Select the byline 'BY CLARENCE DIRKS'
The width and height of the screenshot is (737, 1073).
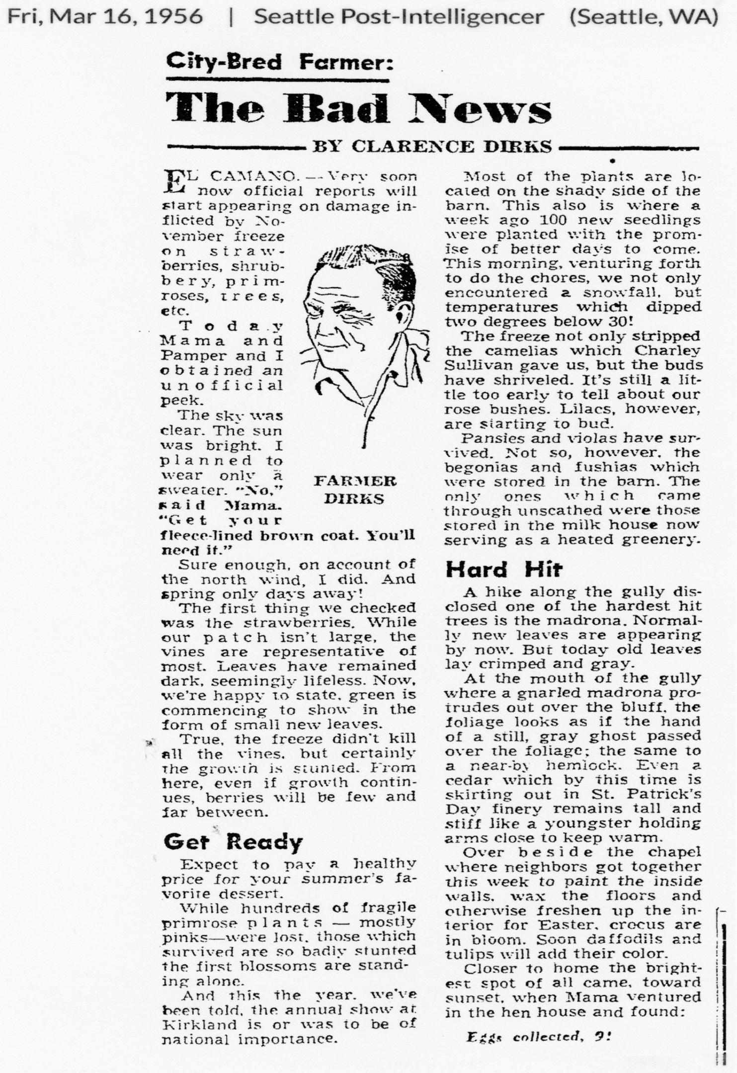431,146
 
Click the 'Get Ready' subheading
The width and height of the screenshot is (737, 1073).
233,842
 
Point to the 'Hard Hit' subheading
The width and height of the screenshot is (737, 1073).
503,569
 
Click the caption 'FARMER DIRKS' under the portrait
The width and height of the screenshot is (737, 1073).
355,490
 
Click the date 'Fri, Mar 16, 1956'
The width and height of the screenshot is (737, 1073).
105,17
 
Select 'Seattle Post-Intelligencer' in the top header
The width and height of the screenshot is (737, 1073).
399,17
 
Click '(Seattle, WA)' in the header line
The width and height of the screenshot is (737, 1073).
644,17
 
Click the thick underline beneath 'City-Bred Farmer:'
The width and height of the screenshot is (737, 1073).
277,80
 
